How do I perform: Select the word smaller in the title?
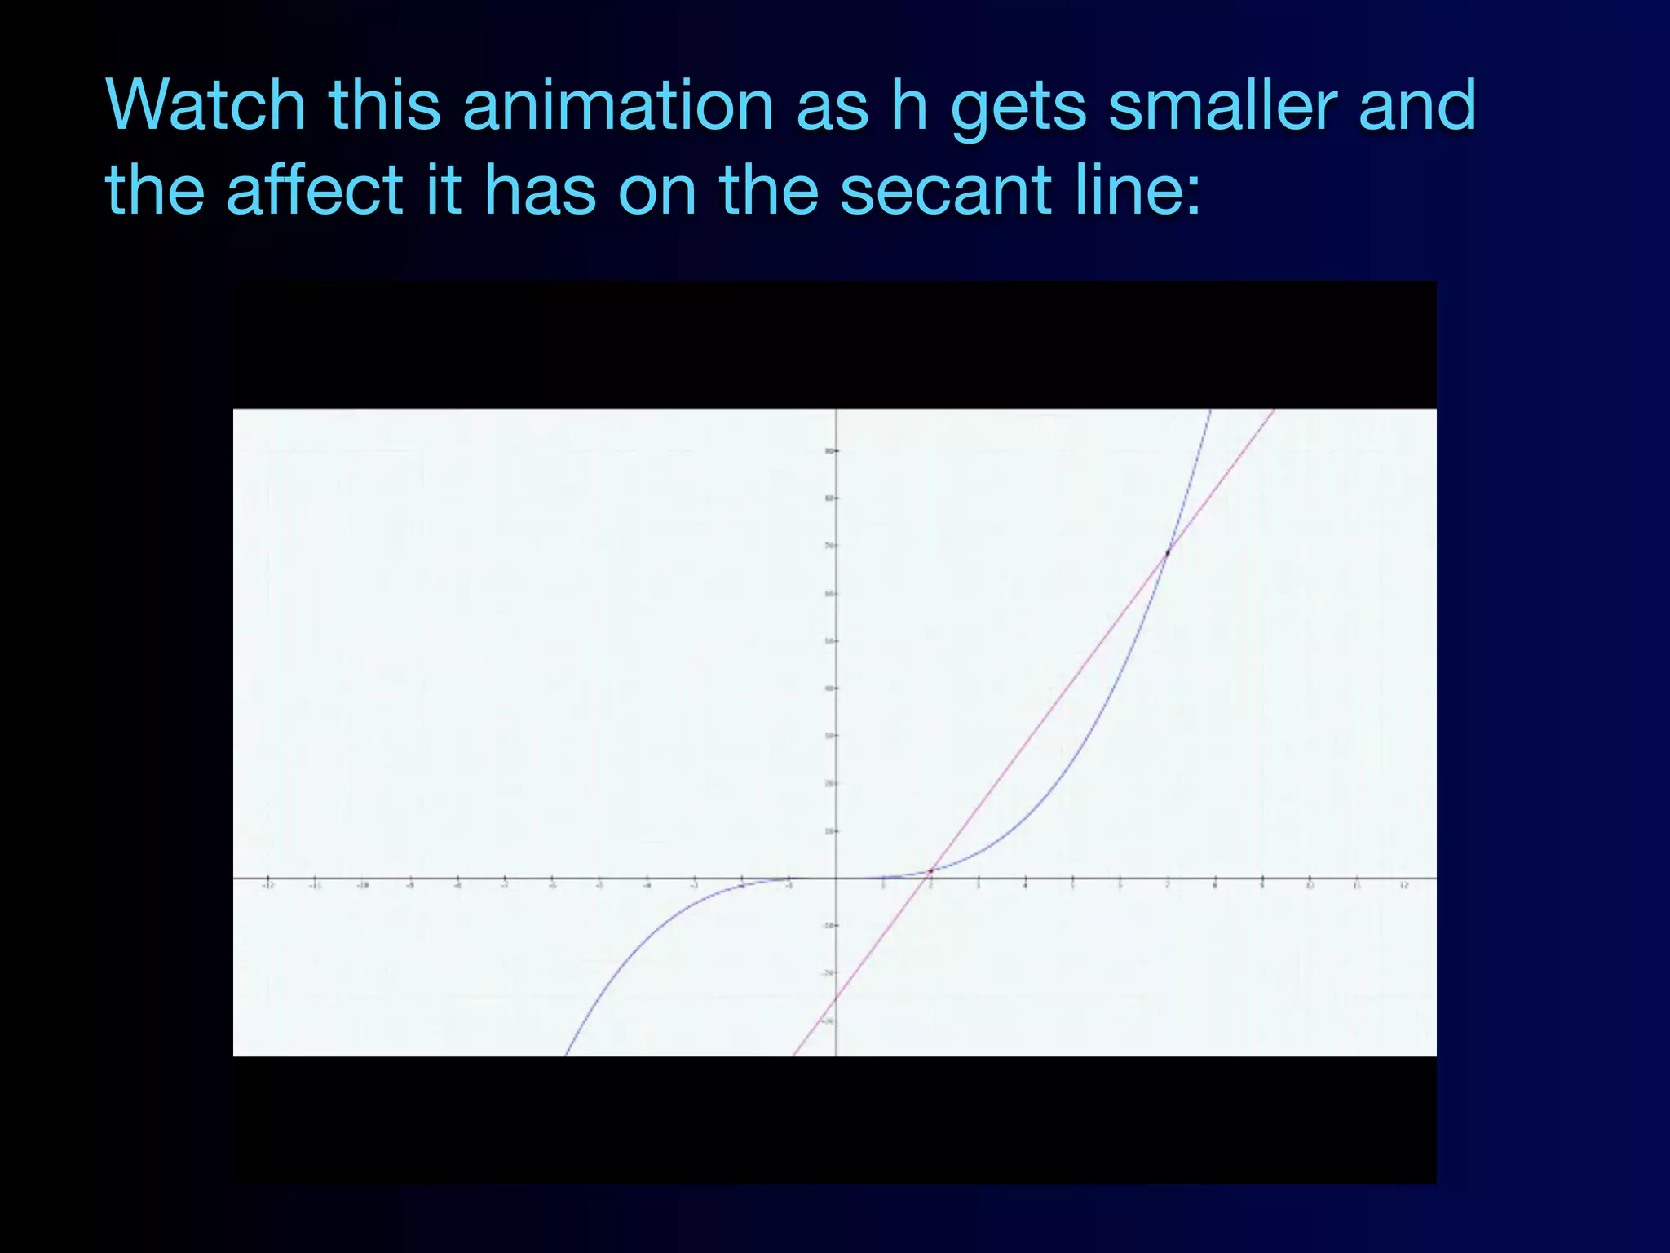coord(1222,105)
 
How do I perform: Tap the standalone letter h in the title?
coord(909,105)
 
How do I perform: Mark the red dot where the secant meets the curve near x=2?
coord(930,871)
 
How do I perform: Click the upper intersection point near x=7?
coord(1167,552)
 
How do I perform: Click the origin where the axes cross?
coord(836,879)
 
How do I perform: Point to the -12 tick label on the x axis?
coord(268,886)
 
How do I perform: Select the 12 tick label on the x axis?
coord(1404,886)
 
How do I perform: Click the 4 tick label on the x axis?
coord(1025,886)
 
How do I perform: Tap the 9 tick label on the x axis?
coord(1262,886)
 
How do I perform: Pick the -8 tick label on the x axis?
coord(457,886)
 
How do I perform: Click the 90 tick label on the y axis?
coord(828,450)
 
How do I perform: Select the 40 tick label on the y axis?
coord(828,688)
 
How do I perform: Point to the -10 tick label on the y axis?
coord(827,926)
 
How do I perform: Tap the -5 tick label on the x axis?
coord(599,886)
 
